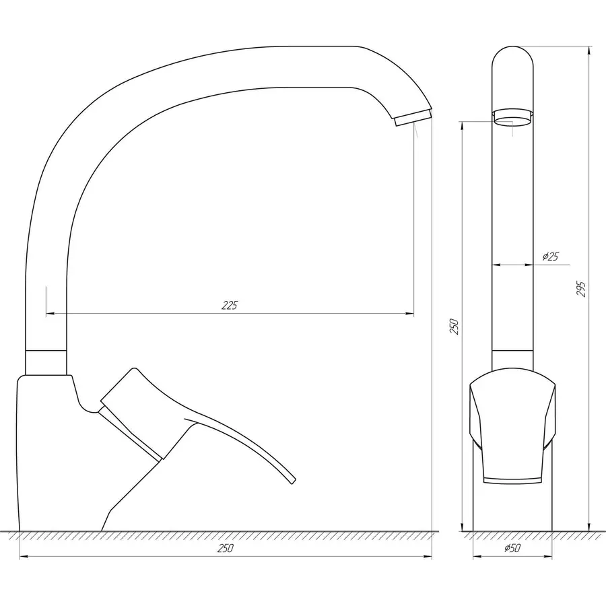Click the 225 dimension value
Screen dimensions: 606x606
230,305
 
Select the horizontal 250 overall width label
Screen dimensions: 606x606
226,548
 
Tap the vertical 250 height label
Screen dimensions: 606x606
454,327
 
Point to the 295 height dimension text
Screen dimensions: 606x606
582,288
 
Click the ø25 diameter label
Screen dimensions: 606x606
550,257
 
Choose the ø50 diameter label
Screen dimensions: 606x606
512,549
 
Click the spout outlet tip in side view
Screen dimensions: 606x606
411,119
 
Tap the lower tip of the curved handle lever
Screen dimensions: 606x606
291,481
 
